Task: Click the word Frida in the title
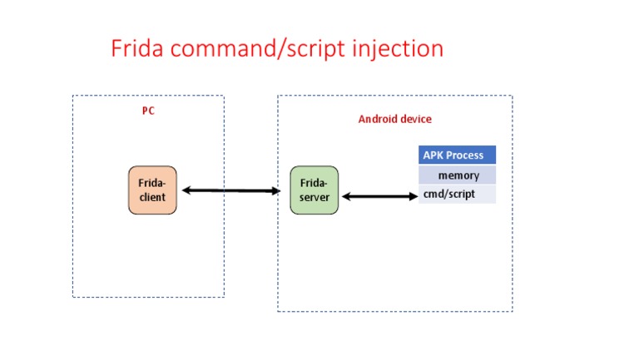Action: tap(136, 48)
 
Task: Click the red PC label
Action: tap(148, 111)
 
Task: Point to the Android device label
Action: tap(394, 119)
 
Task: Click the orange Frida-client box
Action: tap(152, 190)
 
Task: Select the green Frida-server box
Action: tap(314, 190)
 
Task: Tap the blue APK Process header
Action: tap(457, 155)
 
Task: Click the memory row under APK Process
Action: tap(457, 175)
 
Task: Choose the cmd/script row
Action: tap(457, 194)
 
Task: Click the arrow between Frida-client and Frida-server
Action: tap(231, 191)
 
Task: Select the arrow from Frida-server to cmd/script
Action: tap(379, 197)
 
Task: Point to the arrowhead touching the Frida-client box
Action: tap(186, 191)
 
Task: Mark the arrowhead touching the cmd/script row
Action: tap(413, 197)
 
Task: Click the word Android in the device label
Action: tap(377, 119)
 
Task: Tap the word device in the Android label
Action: tap(415, 119)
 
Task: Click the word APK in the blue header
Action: tap(433, 155)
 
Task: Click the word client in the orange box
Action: tap(152, 197)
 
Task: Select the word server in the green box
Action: tap(315, 197)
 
